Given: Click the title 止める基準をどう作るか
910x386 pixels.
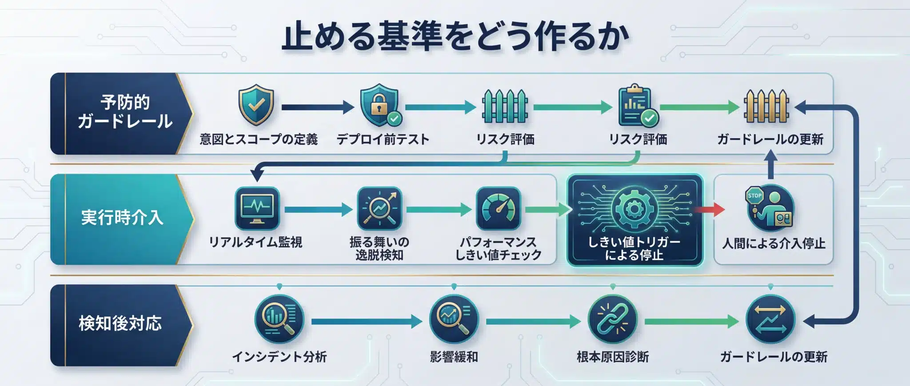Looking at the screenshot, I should (455, 37).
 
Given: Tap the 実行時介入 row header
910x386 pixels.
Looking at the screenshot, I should (122, 218).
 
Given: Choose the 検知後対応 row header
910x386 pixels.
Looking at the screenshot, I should (120, 323).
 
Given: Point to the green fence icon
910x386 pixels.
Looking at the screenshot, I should (505, 107).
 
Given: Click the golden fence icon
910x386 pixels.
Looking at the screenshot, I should (766, 107).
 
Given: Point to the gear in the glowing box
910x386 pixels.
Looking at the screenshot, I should (634, 209).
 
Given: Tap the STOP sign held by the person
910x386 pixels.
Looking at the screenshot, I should (755, 196).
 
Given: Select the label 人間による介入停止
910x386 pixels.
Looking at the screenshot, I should (774, 243).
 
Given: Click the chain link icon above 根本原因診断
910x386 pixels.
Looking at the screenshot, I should (612, 319).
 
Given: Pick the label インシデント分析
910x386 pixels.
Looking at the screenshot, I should (279, 357).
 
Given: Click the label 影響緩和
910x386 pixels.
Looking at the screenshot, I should (454, 357).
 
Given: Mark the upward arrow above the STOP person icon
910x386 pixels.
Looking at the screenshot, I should (771, 164).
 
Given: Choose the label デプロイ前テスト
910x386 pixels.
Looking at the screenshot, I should (383, 139).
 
